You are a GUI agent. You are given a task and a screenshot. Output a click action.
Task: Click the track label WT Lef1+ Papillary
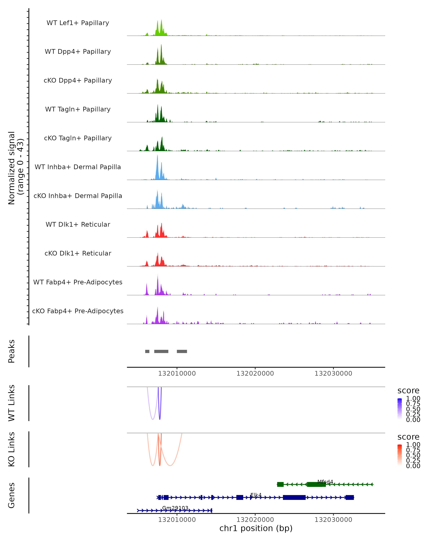click(78, 23)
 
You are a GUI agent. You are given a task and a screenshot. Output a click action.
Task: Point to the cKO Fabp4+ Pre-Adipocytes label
click(78, 311)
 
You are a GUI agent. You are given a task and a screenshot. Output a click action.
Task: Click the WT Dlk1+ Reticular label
click(78, 224)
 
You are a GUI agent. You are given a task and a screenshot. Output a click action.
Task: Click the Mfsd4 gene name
click(325, 482)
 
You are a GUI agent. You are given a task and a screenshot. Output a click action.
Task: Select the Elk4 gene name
click(256, 495)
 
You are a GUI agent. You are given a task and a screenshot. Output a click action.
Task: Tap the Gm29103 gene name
click(175, 508)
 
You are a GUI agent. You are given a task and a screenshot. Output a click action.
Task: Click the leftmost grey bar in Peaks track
click(147, 351)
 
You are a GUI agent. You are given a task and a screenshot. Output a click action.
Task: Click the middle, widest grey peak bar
click(161, 351)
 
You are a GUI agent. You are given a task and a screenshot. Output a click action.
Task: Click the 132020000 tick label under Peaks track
click(255, 373)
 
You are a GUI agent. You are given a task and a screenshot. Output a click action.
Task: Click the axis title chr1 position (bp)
click(256, 528)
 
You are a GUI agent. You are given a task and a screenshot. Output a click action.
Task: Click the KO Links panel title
click(12, 449)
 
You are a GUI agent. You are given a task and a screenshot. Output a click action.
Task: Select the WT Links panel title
click(12, 403)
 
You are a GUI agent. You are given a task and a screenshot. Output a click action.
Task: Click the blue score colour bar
click(400, 408)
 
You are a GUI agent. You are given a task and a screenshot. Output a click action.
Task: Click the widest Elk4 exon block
click(294, 497)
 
